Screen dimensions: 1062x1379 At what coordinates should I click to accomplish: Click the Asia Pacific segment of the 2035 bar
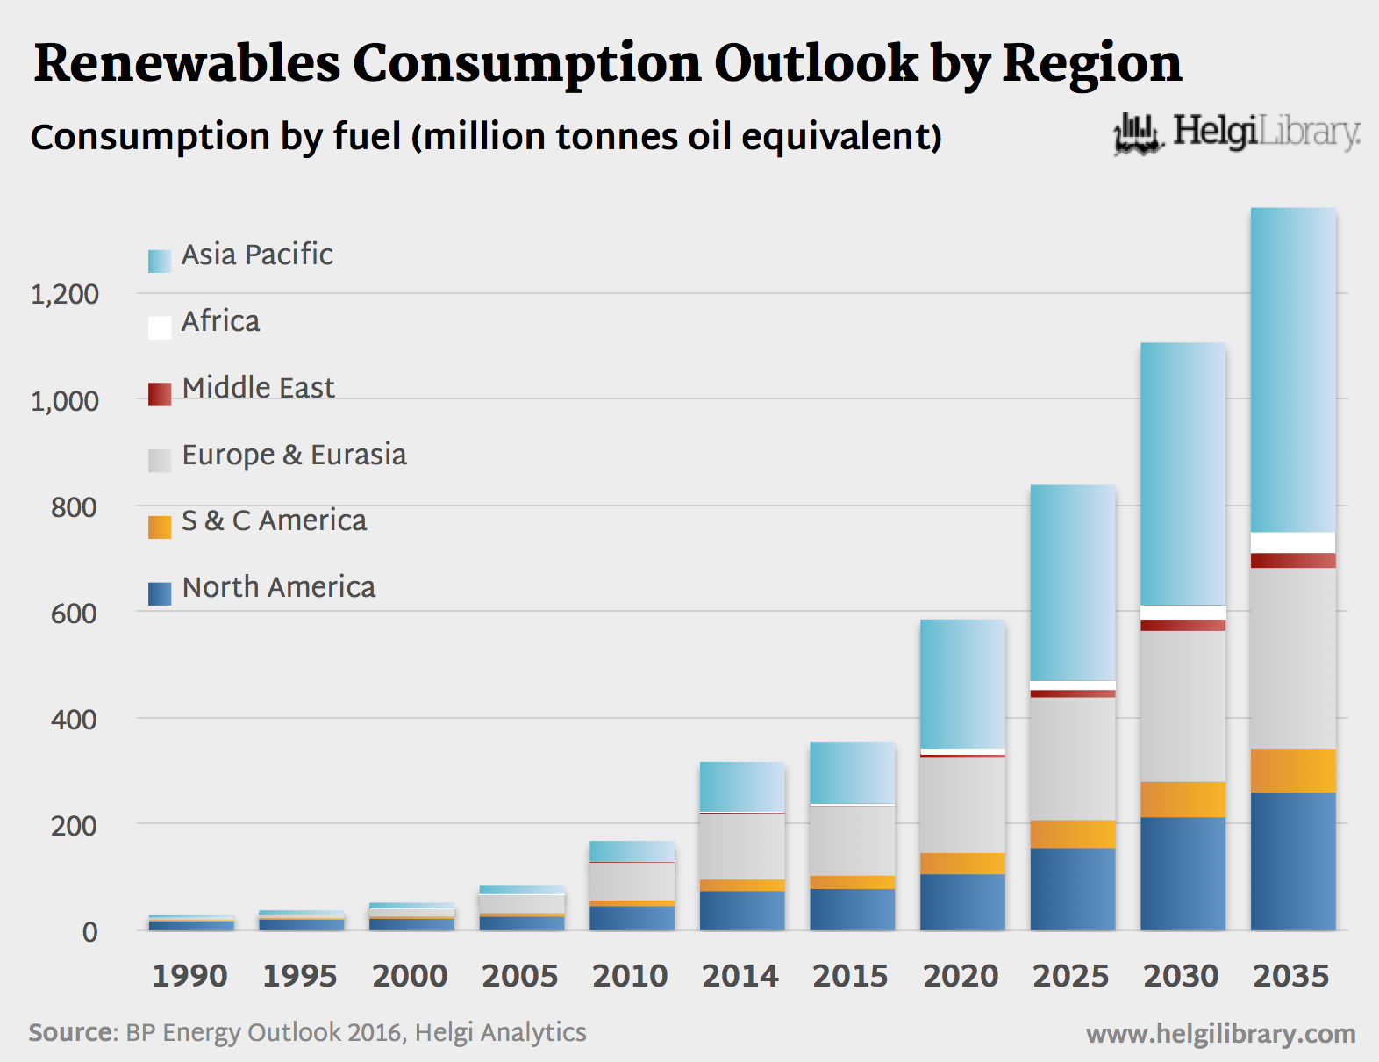(x=1293, y=369)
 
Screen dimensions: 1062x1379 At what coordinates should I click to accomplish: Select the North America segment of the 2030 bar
(x=1183, y=873)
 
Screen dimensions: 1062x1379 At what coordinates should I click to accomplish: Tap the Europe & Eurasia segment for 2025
(x=1073, y=758)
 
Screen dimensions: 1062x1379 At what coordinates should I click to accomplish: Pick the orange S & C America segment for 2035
(x=1293, y=771)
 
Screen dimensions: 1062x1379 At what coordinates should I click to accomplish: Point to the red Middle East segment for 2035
(x=1293, y=561)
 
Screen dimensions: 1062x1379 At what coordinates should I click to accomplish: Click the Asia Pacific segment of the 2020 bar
(x=962, y=684)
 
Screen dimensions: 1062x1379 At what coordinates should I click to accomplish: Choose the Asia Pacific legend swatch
(x=160, y=261)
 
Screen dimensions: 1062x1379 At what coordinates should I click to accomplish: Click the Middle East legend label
(x=258, y=388)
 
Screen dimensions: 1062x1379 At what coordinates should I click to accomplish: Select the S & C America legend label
(x=274, y=521)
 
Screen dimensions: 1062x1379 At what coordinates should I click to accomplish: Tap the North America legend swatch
(x=160, y=594)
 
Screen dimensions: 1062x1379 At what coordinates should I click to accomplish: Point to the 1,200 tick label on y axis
(x=65, y=295)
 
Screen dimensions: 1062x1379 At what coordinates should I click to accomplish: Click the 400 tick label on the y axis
(x=74, y=721)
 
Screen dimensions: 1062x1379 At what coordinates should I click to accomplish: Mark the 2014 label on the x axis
(x=740, y=976)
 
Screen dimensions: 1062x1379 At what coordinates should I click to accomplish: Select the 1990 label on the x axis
(x=189, y=976)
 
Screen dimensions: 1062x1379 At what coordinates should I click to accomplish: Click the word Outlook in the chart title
(x=816, y=63)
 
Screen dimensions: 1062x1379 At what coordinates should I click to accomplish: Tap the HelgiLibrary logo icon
(x=1139, y=134)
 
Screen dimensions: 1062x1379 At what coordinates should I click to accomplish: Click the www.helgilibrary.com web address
(x=1220, y=1034)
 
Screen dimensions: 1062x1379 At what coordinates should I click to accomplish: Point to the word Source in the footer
(x=73, y=1032)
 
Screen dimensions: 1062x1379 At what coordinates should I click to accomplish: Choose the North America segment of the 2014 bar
(x=742, y=910)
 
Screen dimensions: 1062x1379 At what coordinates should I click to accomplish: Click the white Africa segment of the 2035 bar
(x=1293, y=542)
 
